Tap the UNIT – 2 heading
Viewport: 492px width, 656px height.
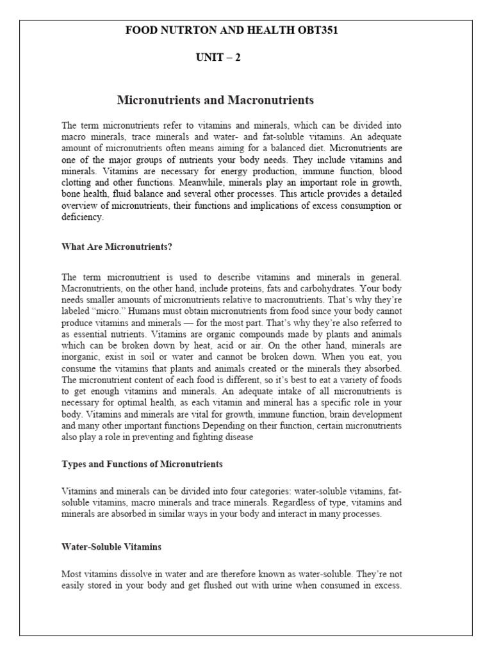click(x=218, y=58)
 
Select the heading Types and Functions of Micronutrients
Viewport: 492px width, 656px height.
click(x=142, y=463)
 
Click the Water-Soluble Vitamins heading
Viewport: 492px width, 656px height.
click(x=111, y=547)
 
